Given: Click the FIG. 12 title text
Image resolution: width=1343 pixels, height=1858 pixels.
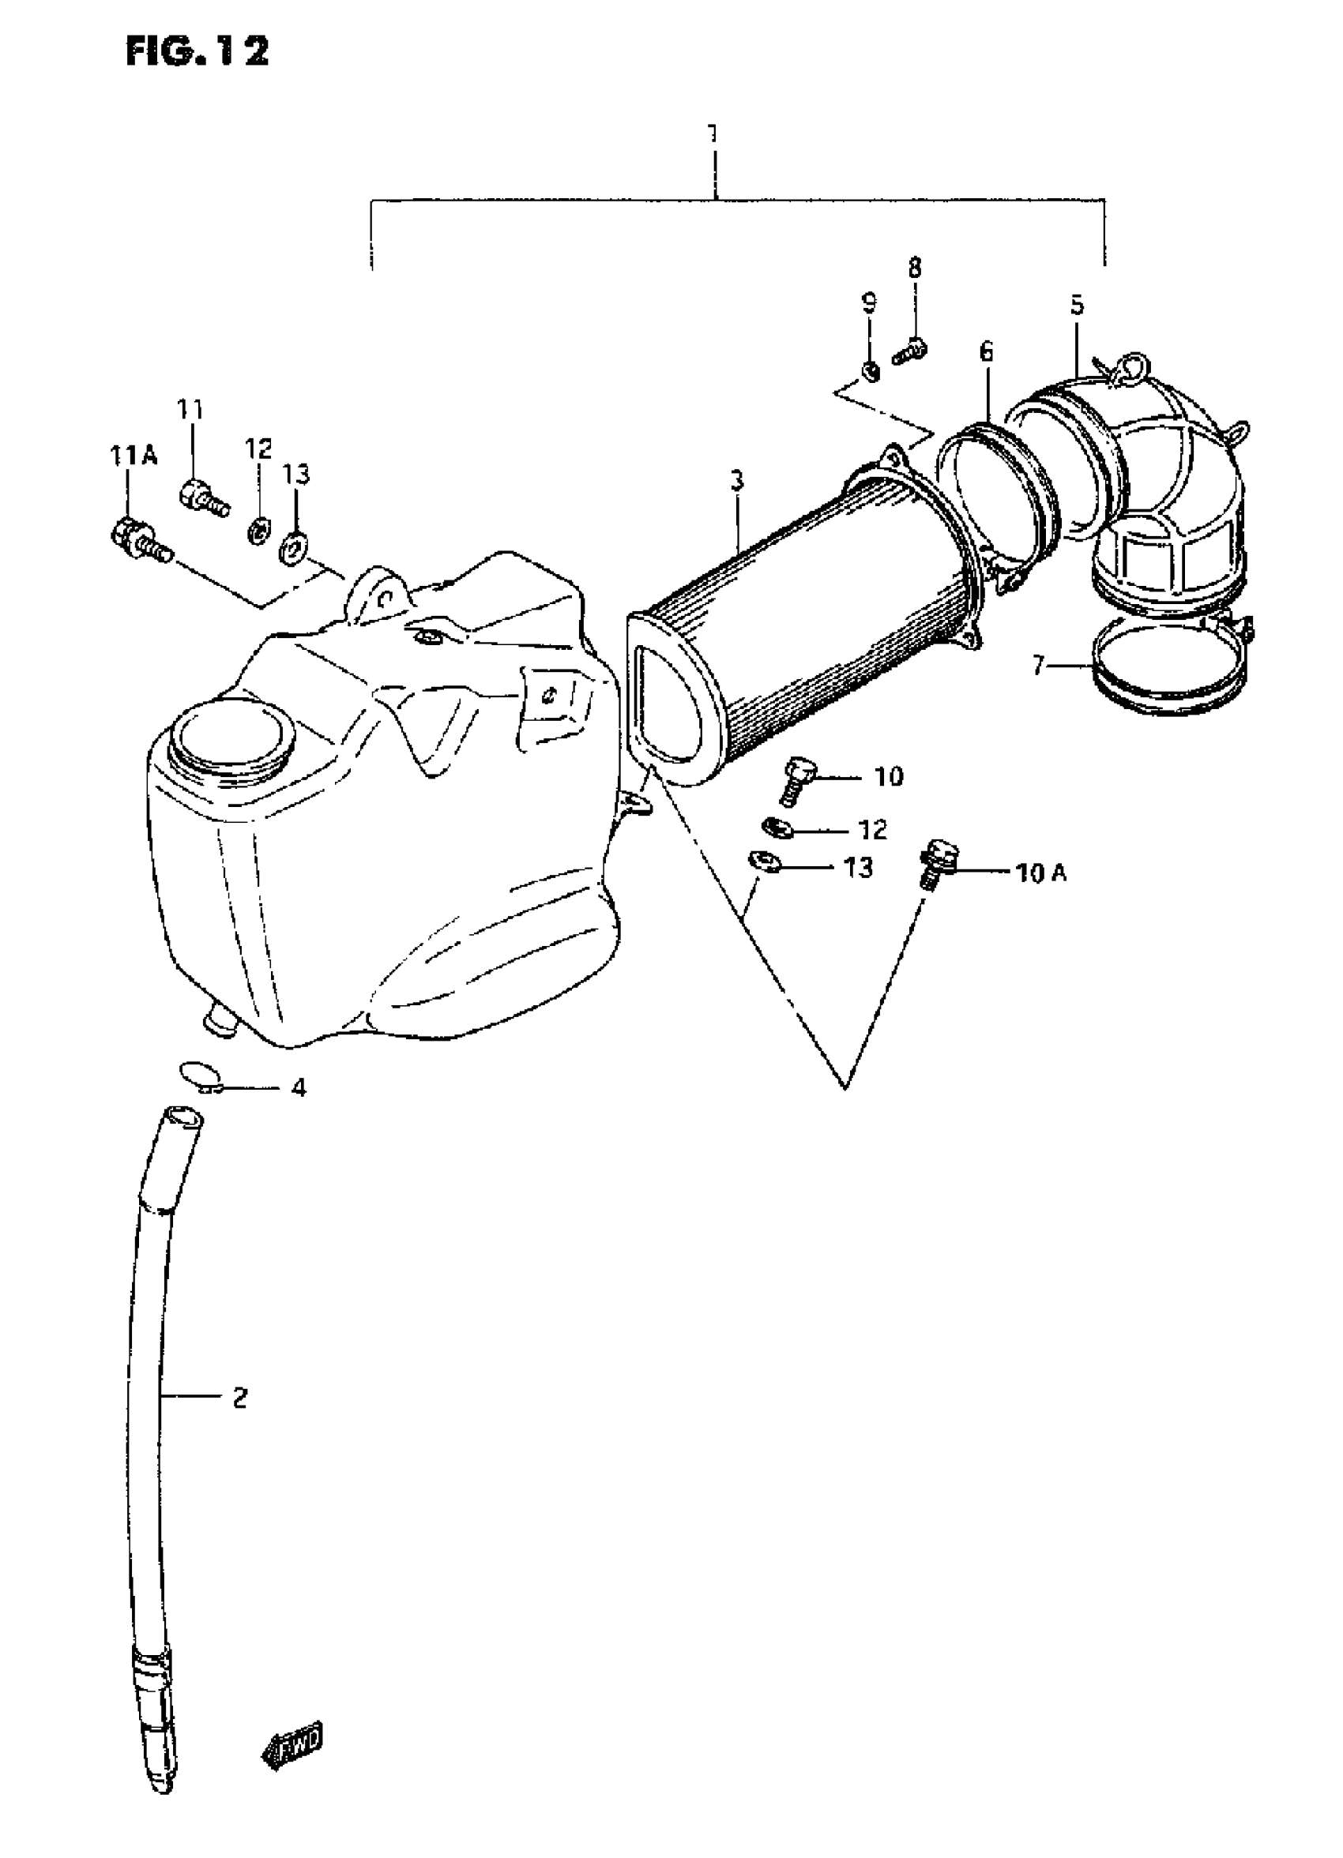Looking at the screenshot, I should (x=197, y=52).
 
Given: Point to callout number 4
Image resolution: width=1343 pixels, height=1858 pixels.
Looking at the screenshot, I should (x=299, y=1088).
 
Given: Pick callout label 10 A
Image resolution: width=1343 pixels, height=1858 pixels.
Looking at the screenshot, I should (x=1040, y=873).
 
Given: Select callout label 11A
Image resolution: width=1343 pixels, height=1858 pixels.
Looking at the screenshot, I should (x=134, y=456).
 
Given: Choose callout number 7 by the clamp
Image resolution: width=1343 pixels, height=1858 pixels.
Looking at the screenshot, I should (x=1038, y=666).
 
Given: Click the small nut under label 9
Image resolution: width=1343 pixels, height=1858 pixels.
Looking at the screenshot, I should (x=872, y=373).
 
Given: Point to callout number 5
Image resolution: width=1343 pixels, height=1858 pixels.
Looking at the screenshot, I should (x=1076, y=305).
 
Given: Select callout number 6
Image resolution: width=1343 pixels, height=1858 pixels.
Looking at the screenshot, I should (x=986, y=352).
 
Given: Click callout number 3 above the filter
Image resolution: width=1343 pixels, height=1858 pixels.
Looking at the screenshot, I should (x=737, y=481).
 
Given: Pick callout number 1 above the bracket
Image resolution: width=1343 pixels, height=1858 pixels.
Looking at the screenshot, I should (x=713, y=133).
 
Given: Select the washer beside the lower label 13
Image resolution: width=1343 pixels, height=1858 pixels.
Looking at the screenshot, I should (x=762, y=861).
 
